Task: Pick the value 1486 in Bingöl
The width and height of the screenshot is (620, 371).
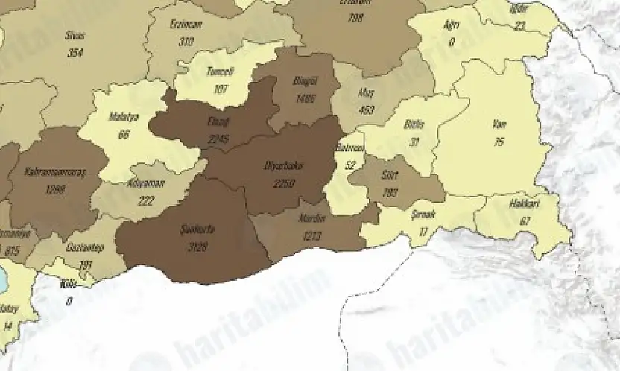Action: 306,99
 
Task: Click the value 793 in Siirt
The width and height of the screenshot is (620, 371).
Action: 389,193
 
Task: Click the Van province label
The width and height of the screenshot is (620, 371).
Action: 499,124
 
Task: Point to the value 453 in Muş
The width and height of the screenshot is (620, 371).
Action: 365,111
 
